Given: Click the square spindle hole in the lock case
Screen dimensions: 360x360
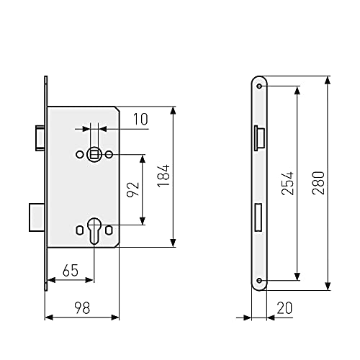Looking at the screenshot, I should tap(94, 154).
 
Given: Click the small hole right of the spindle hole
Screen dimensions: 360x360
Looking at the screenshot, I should tap(109, 154).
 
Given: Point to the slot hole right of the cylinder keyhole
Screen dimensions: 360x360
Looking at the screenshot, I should tap(108, 230).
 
